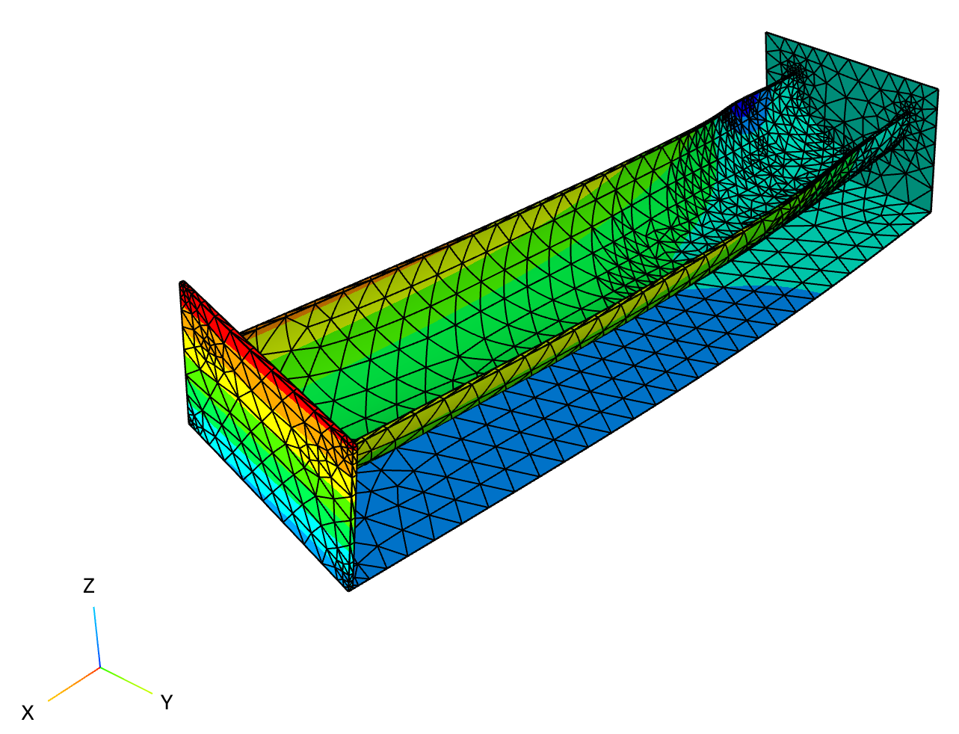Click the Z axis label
click(x=89, y=585)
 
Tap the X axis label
click(x=28, y=713)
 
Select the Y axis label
click(x=167, y=702)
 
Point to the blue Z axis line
click(x=97, y=637)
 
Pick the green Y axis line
click(x=126, y=680)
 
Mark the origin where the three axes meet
click(x=100, y=667)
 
